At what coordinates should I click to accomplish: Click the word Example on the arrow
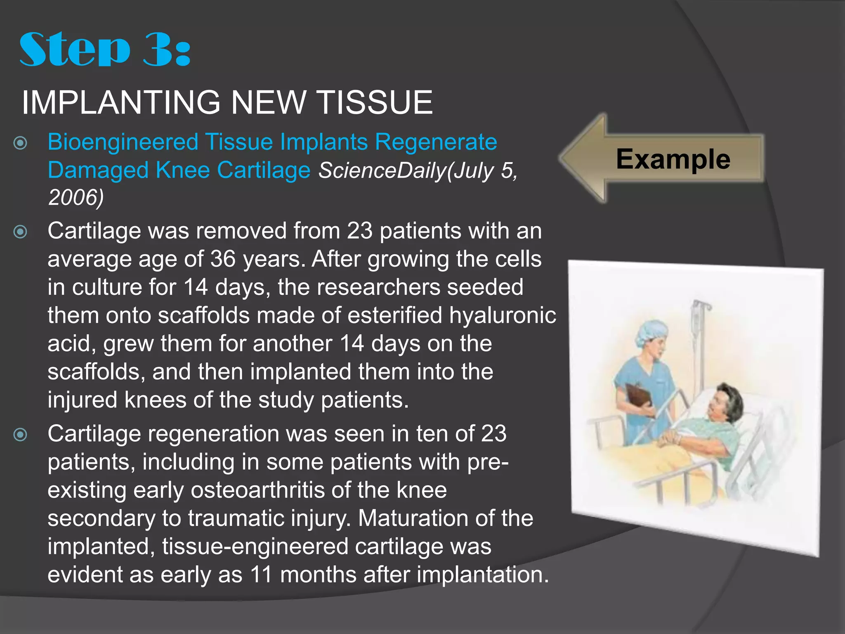pos(673,159)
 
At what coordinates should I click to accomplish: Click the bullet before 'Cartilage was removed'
pos(20,232)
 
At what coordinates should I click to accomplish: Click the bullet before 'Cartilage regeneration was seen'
pos(20,435)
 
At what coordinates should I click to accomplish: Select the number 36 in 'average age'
pos(223,259)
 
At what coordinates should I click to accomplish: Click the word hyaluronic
pos(503,316)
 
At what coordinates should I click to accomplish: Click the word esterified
pos(395,316)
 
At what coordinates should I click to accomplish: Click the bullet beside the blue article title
pos(20,143)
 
